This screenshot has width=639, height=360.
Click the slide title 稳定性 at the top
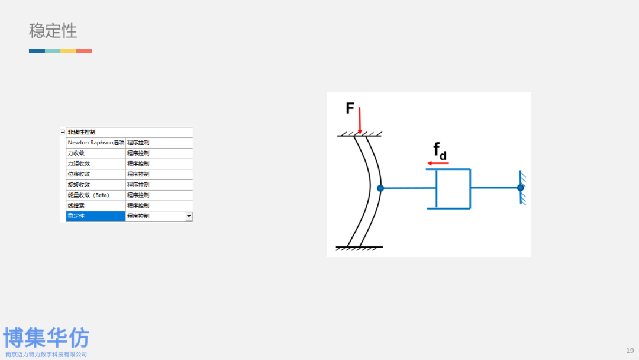coord(53,31)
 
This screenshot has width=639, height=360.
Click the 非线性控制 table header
coord(82,132)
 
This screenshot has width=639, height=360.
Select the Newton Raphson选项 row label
coord(96,143)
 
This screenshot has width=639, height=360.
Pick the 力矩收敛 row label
coord(79,163)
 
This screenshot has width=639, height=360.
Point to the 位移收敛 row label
coord(79,174)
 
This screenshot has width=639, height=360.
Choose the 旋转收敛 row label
coord(79,185)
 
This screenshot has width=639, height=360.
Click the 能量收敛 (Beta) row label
coord(88,195)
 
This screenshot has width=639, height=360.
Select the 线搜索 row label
coord(76,205)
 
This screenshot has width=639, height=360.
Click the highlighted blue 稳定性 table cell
coord(95,216)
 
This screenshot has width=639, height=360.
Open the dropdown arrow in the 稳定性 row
coord(189,216)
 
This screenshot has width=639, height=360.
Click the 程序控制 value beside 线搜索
coord(138,205)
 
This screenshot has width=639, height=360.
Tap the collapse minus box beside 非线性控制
coord(63,132)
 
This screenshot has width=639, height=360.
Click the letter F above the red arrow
coord(350,108)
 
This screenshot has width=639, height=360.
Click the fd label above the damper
coord(439,152)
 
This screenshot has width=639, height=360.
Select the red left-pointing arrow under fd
coord(438,163)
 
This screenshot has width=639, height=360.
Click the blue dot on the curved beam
coord(380,188)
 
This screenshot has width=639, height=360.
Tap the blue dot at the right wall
coord(520,188)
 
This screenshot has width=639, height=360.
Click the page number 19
coord(630,349)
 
